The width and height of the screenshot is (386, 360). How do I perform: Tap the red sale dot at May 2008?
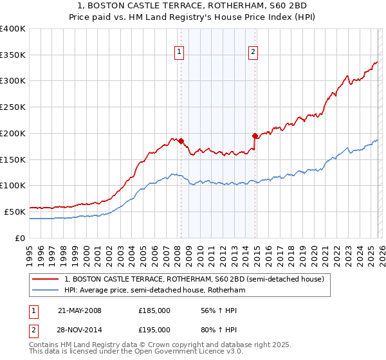click(x=181, y=141)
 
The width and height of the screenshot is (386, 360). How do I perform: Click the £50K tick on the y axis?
click(x=15, y=212)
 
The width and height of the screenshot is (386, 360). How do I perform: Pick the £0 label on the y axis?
click(x=21, y=238)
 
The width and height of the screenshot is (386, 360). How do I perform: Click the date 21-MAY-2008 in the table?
click(x=80, y=310)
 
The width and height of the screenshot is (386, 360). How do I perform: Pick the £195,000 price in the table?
click(x=154, y=329)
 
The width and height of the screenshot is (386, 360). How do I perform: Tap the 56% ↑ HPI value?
click(x=212, y=310)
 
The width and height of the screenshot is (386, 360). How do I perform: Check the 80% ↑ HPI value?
click(x=212, y=329)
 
